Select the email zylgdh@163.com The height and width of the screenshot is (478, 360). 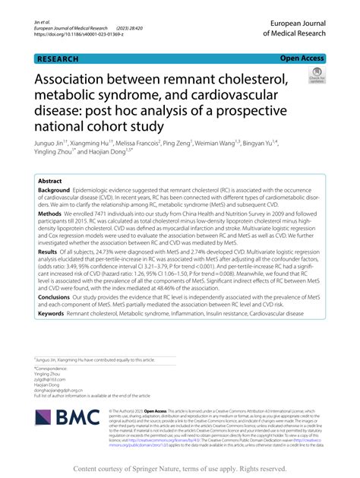point(52,378)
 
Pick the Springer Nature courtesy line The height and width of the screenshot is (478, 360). point(179,470)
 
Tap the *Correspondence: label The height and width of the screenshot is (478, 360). point(51,366)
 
